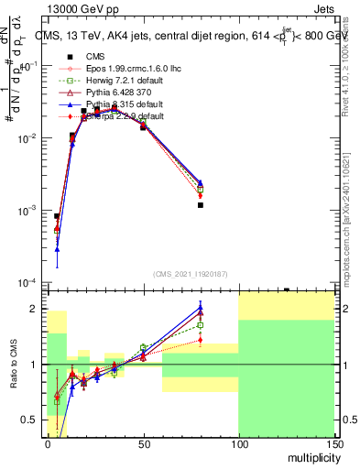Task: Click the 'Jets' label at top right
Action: (x=322, y=7)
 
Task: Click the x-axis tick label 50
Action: (x=143, y=444)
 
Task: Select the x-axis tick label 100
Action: (x=238, y=444)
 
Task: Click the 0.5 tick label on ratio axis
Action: (x=33, y=420)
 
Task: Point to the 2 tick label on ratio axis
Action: (x=37, y=309)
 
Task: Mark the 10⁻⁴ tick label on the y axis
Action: (x=28, y=283)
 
